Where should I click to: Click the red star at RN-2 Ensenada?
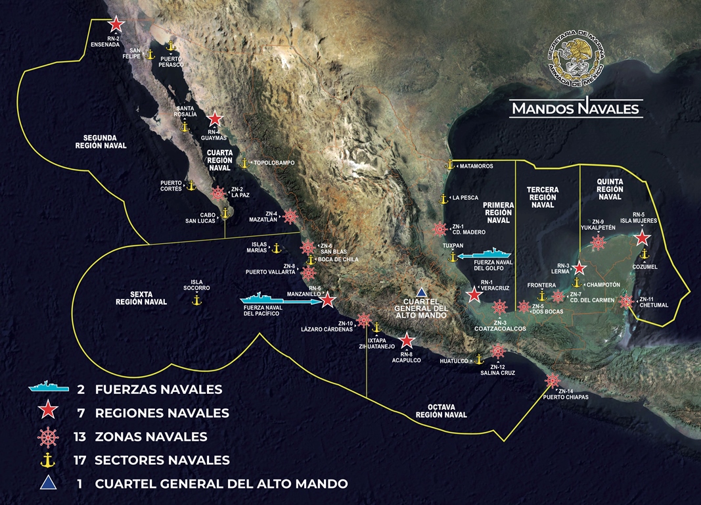point(116,24)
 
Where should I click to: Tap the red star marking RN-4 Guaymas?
point(214,120)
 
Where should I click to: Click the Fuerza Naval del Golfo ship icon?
point(487,255)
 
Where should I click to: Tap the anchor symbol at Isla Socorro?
point(195,300)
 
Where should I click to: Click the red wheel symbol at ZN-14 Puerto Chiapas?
point(552,381)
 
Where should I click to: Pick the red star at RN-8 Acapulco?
point(407,340)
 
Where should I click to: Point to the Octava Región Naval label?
point(441,410)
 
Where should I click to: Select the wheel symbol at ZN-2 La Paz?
point(218,193)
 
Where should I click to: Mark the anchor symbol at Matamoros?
point(450,166)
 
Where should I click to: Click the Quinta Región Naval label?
point(610,188)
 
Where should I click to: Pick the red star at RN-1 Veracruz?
point(474,295)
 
